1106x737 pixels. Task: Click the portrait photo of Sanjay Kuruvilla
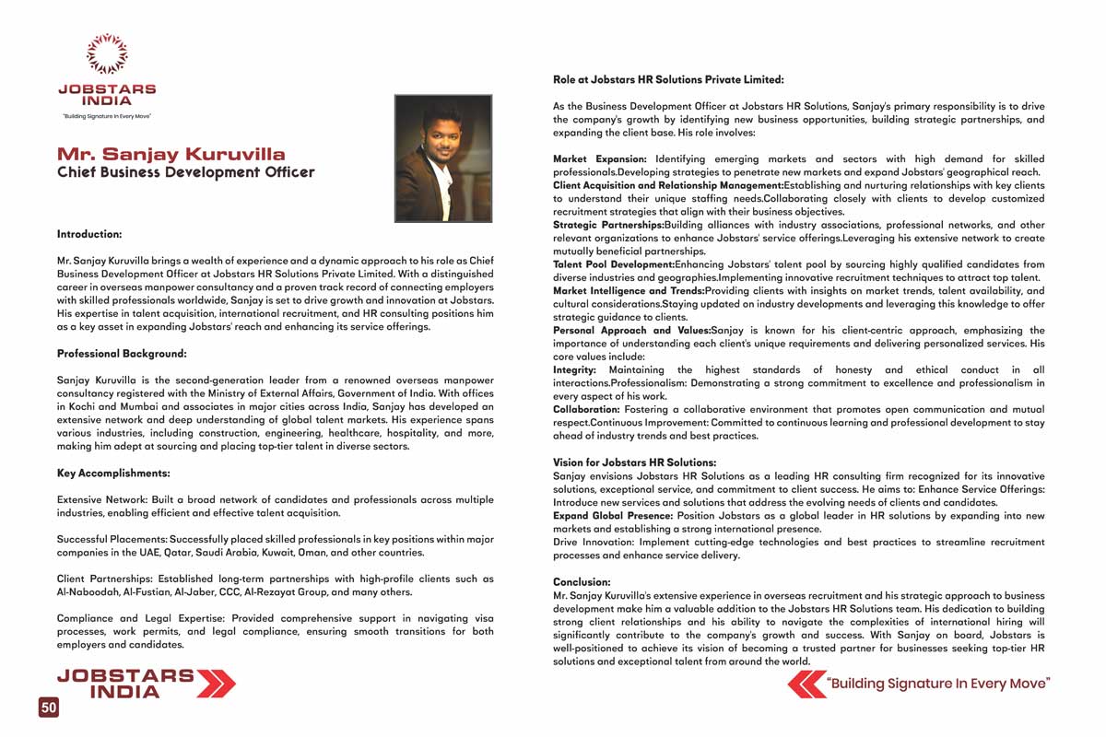point(442,158)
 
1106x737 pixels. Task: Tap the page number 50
point(49,707)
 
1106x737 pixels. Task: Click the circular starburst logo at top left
point(107,53)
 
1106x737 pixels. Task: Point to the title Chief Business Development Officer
point(185,172)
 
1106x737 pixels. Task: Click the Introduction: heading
point(89,234)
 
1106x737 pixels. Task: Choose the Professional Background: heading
point(122,353)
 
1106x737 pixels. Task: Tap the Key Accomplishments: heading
point(113,473)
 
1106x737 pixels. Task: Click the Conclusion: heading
point(582,582)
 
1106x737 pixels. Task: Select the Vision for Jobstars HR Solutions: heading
point(634,462)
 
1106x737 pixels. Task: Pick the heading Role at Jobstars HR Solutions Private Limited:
point(668,80)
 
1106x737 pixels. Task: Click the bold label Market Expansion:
point(600,159)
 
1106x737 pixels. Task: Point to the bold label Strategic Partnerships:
point(608,225)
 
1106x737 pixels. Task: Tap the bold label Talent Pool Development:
point(614,264)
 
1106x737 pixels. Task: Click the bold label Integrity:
point(574,369)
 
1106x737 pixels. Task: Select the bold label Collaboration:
point(586,409)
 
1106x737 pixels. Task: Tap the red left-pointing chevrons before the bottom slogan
point(806,684)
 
